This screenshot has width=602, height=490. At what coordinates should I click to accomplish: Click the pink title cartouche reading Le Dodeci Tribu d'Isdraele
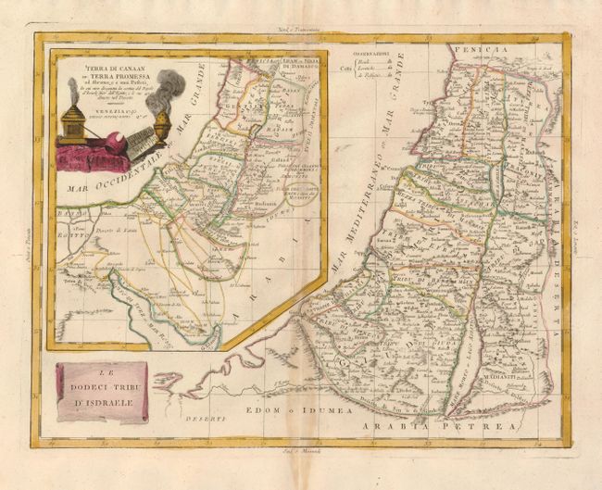[101, 393]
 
